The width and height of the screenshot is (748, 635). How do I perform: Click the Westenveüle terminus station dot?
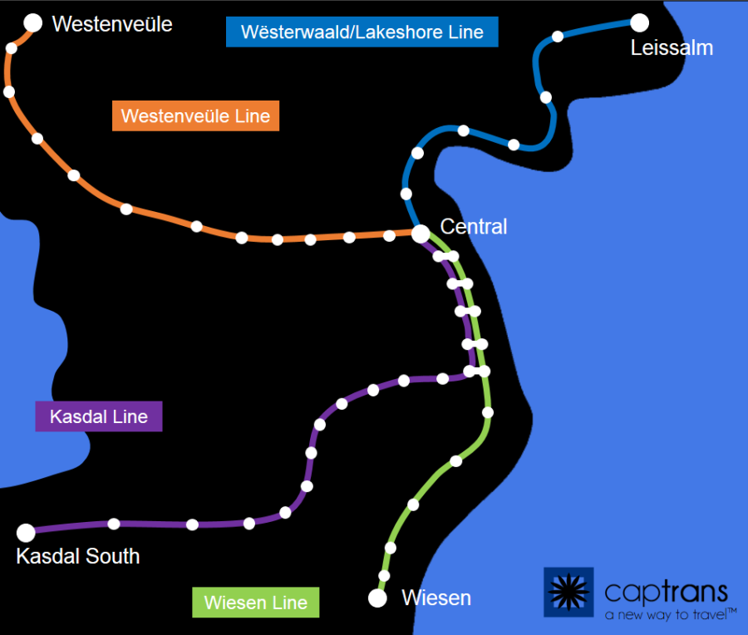tap(33, 23)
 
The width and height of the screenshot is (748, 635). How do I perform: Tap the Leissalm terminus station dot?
tap(639, 22)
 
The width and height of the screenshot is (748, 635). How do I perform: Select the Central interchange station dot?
tap(421, 234)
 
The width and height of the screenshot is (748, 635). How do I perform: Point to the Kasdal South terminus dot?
tap(27, 533)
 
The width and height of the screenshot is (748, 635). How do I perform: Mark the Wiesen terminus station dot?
tap(378, 598)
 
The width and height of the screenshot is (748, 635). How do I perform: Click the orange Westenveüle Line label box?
tap(195, 116)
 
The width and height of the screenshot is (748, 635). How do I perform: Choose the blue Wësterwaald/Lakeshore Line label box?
tap(362, 32)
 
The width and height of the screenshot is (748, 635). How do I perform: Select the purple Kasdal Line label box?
tap(99, 416)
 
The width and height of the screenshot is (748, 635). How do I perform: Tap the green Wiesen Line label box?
tap(255, 603)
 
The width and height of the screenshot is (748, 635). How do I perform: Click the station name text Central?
tap(473, 226)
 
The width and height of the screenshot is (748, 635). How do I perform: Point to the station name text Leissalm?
tap(672, 48)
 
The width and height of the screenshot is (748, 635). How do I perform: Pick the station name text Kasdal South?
tap(78, 556)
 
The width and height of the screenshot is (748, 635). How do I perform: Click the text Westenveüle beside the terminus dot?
tap(112, 24)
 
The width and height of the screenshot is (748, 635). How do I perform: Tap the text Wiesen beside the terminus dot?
tap(436, 598)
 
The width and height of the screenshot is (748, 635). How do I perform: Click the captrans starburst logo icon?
tap(568, 592)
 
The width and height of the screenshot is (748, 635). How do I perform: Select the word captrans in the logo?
tap(666, 591)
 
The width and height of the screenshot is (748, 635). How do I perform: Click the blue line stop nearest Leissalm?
tap(558, 36)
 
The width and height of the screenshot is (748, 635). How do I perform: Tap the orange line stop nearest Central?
tap(389, 235)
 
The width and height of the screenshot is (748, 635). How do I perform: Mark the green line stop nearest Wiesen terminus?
tap(384, 575)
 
